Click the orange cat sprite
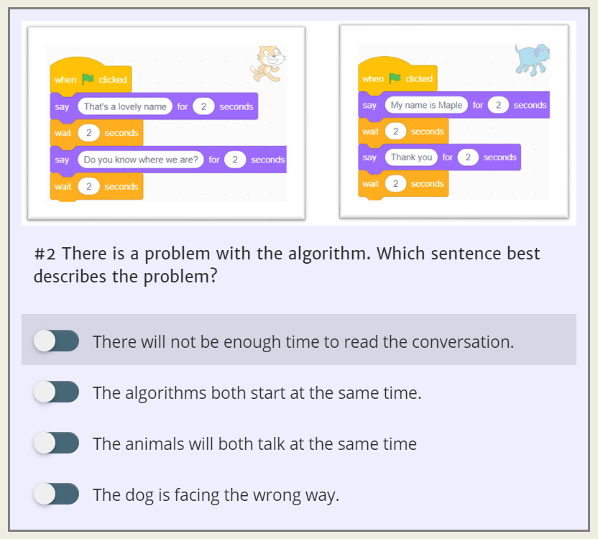(x=267, y=63)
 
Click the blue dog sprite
(x=532, y=58)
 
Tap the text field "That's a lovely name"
(x=125, y=106)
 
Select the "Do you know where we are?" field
(x=140, y=160)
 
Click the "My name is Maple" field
(x=426, y=105)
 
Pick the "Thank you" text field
(x=411, y=157)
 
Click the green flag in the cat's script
(x=88, y=80)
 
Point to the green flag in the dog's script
(x=394, y=78)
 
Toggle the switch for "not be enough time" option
(x=56, y=341)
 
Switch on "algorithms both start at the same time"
(x=56, y=392)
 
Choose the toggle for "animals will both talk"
(x=56, y=443)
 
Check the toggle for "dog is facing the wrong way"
(x=56, y=494)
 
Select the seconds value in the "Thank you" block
(x=468, y=157)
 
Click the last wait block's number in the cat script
(x=88, y=186)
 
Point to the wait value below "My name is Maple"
(x=395, y=132)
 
